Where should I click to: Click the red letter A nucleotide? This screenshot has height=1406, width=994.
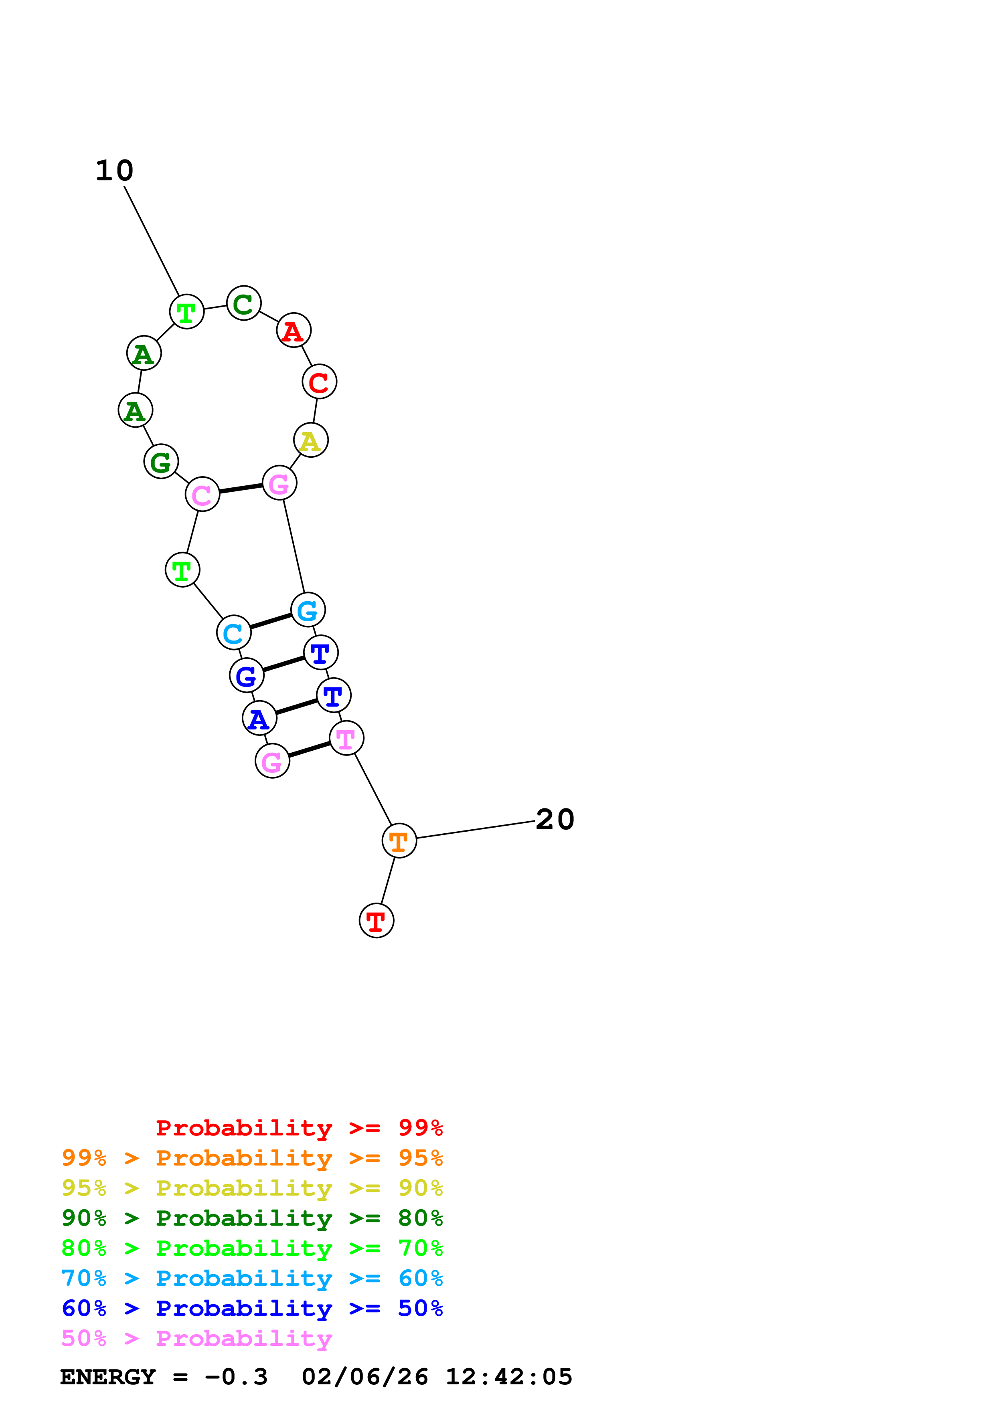tap(294, 331)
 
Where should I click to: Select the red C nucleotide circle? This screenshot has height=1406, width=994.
tap(319, 382)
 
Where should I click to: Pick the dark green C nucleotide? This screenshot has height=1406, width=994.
tap(244, 303)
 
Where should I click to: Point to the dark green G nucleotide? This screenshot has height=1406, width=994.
tap(161, 462)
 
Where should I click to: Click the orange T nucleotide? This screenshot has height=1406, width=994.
tap(399, 841)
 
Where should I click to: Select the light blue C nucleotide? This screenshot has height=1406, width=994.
tap(233, 632)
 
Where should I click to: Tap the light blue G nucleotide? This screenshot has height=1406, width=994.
tap(308, 610)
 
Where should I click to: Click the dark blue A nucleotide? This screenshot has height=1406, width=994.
tap(259, 718)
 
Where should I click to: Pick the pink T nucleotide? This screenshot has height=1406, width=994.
tap(346, 739)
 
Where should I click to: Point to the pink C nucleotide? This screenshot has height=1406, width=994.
tap(202, 494)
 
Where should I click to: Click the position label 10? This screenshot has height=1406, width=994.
tap(115, 171)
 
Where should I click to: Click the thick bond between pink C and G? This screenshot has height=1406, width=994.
tap(241, 489)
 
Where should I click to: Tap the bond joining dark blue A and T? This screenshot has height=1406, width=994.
tap(296, 707)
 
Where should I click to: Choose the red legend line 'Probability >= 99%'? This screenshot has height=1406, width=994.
tap(299, 1128)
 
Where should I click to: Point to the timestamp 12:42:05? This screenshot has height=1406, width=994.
tap(508, 1377)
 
